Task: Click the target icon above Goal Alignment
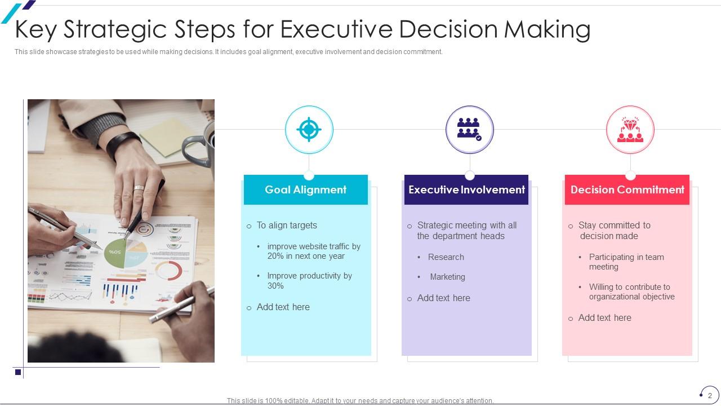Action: click(309, 130)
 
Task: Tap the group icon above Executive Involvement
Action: click(469, 129)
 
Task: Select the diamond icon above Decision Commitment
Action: click(630, 129)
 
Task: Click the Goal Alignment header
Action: click(306, 190)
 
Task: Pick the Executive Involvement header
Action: click(466, 190)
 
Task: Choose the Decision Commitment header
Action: click(627, 190)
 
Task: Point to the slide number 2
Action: click(710, 395)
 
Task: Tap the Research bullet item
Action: click(446, 257)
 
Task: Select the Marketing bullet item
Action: click(447, 277)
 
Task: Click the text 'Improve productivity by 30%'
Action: click(309, 281)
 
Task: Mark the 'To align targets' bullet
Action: click(287, 226)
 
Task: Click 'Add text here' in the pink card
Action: click(604, 318)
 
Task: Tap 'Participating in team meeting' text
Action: click(626, 262)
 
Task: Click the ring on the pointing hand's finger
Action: click(139, 188)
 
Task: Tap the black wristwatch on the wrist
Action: click(121, 142)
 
